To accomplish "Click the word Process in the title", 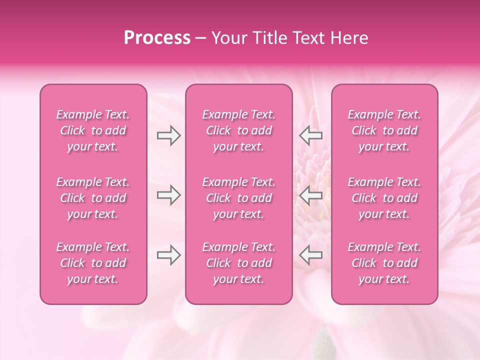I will [x=157, y=38].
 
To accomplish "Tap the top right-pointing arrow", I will [x=168, y=135].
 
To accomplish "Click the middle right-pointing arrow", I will [x=168, y=195].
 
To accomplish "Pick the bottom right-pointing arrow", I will [x=168, y=255].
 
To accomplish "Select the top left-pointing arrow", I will [x=311, y=135].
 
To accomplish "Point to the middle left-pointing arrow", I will [x=311, y=195].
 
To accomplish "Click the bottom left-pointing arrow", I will [x=311, y=255].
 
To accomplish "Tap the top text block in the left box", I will [x=93, y=130].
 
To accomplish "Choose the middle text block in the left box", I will [x=93, y=198].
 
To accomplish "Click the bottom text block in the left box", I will [x=93, y=263].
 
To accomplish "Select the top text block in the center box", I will [x=238, y=130].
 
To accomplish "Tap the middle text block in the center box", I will [x=238, y=198].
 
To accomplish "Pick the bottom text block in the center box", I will [x=238, y=263].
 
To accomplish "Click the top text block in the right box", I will [x=384, y=130].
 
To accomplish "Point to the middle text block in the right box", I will [x=384, y=198].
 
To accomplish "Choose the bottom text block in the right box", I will [x=384, y=263].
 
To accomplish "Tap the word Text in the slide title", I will [x=308, y=38].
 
